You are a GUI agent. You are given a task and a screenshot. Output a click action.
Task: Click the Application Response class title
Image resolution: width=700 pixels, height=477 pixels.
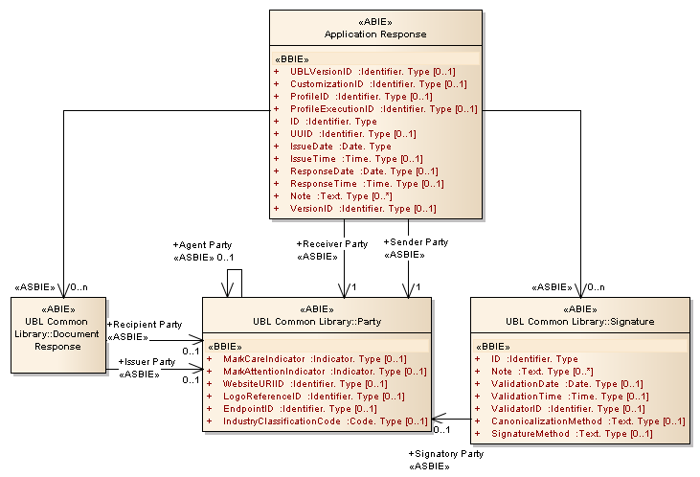[375, 34]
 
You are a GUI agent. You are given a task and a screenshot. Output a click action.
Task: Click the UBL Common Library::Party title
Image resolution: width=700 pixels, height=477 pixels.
[318, 322]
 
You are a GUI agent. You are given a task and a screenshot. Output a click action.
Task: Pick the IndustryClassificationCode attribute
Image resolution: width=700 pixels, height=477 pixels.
[325, 421]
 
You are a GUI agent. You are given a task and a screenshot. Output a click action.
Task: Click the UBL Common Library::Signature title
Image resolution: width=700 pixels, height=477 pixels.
[580, 322]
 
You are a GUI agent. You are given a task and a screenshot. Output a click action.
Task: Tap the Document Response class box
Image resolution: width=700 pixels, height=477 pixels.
[56, 334]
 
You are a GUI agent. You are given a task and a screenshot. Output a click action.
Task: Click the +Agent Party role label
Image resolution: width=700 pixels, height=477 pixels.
[202, 245]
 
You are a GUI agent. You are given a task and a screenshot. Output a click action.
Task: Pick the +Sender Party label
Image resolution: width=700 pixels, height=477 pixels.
[416, 242]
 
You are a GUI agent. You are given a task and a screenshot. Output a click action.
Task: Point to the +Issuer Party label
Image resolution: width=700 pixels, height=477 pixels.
[147, 362]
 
